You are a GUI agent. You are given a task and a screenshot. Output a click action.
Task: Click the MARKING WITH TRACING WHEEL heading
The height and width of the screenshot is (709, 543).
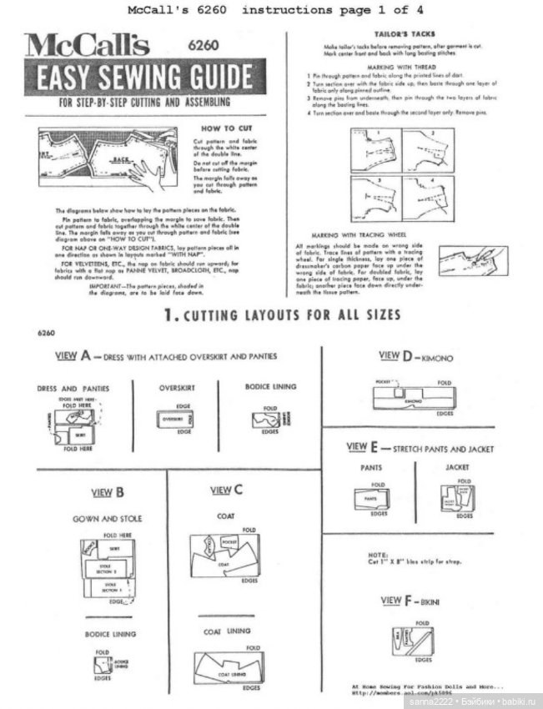[370, 235]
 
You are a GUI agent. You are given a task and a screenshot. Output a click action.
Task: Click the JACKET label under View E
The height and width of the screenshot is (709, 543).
[457, 467]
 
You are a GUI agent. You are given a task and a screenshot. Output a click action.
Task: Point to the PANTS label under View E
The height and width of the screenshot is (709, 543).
[372, 467]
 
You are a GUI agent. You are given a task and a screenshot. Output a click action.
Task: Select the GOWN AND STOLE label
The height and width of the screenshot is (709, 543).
[108, 518]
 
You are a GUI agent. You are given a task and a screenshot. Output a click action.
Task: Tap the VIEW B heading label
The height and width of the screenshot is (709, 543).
[108, 492]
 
